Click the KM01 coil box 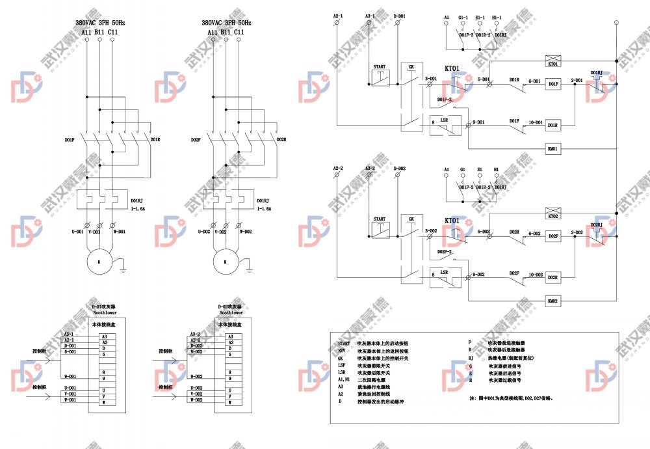553,149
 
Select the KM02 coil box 553,301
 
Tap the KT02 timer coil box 553,215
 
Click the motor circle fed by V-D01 99,261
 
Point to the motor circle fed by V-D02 225,261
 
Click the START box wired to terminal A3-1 380,75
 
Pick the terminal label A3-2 370,168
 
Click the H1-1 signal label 497,18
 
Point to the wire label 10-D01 536,122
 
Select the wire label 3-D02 430,230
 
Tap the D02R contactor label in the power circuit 281,139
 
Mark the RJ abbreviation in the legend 470,358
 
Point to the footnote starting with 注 511,398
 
